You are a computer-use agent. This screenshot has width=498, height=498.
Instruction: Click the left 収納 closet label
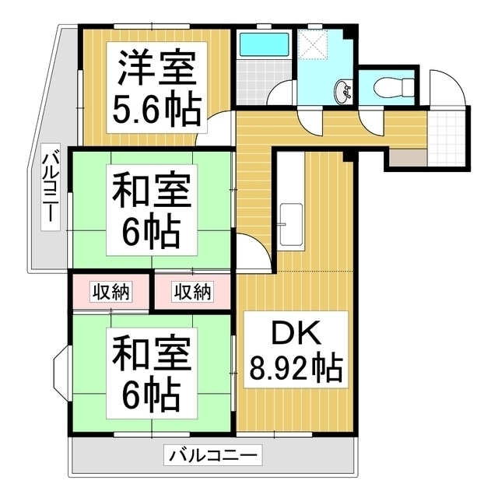(111, 293)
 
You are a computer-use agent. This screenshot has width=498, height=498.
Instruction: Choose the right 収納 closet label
(192, 293)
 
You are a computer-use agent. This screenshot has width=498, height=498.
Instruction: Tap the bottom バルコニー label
(213, 454)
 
